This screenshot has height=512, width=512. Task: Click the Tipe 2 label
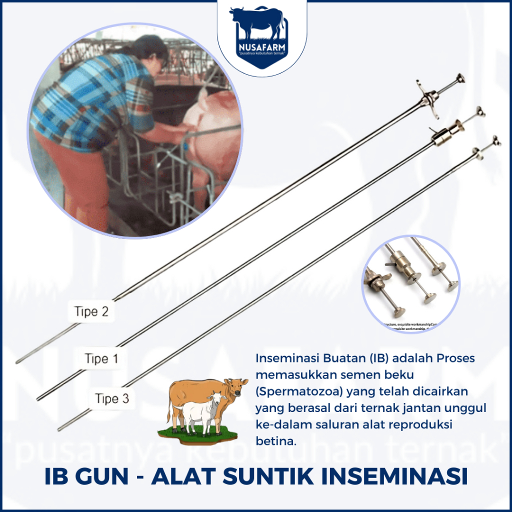coord(91,311)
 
